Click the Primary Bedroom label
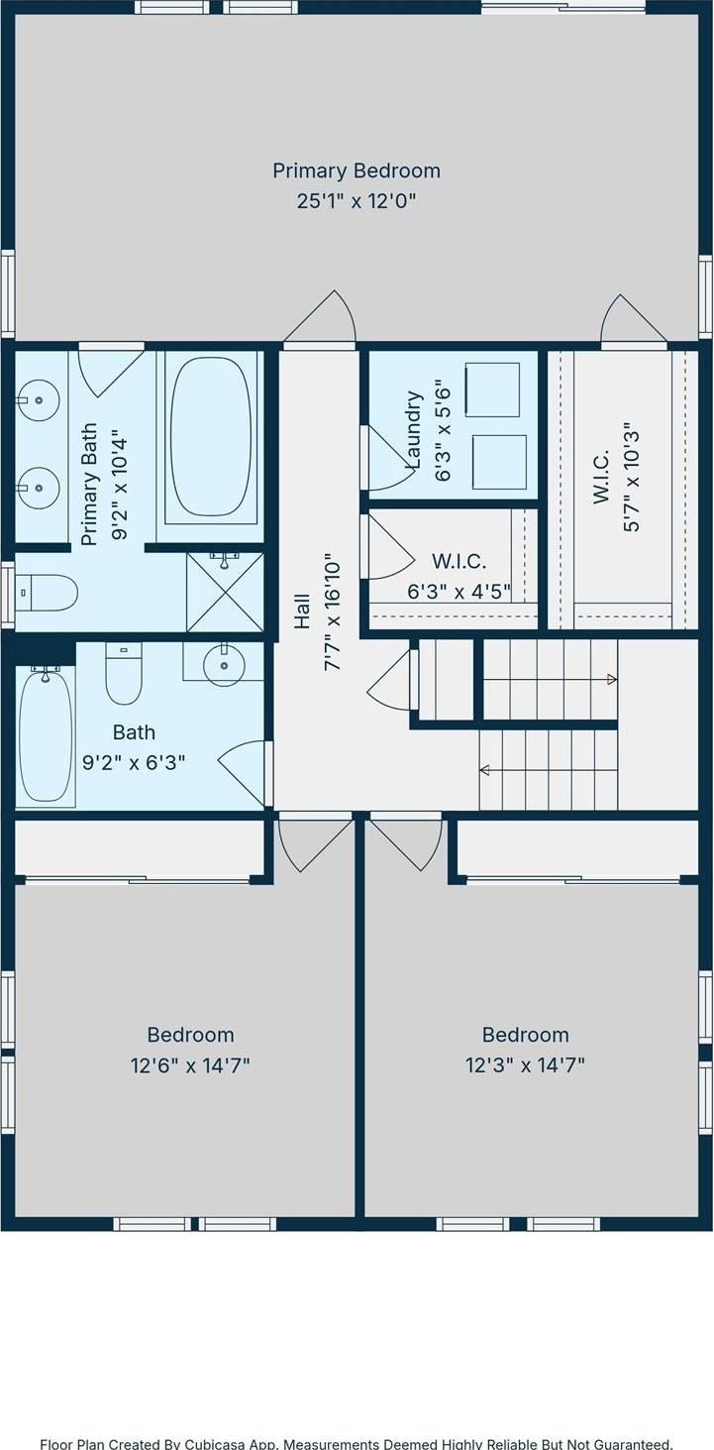(357, 170)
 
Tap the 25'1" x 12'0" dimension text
(356, 200)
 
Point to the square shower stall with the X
(225, 592)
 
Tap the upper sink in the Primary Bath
(39, 400)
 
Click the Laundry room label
(413, 429)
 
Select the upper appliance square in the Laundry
(492, 390)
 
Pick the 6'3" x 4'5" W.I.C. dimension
(459, 591)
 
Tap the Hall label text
(302, 612)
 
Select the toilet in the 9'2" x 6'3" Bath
(124, 675)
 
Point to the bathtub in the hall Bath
(46, 738)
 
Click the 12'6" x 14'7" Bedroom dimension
(190, 1064)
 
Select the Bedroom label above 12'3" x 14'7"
(526, 1035)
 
